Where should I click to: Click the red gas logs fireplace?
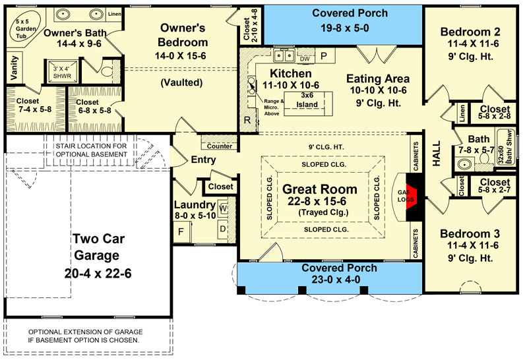point(411,197)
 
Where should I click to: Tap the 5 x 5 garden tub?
point(24,28)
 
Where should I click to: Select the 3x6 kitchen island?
point(308,104)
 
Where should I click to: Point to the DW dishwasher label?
point(305,59)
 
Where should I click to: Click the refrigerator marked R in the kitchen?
point(247,120)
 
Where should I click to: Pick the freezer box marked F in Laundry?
point(181,231)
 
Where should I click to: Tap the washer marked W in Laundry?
point(223,209)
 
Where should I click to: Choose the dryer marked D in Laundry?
point(223,229)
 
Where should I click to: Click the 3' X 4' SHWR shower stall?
point(62,72)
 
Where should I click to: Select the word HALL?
point(436,154)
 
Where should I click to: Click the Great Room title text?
point(320,189)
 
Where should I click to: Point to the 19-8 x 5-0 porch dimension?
point(345,28)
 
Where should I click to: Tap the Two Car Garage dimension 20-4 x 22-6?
point(98,274)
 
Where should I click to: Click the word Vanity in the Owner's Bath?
point(14,68)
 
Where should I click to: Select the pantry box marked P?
point(325,56)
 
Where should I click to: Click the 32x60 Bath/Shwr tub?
point(507,147)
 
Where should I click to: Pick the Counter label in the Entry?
point(220,146)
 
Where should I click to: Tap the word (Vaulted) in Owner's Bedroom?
point(181,82)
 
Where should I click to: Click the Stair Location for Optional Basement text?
point(92,150)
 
